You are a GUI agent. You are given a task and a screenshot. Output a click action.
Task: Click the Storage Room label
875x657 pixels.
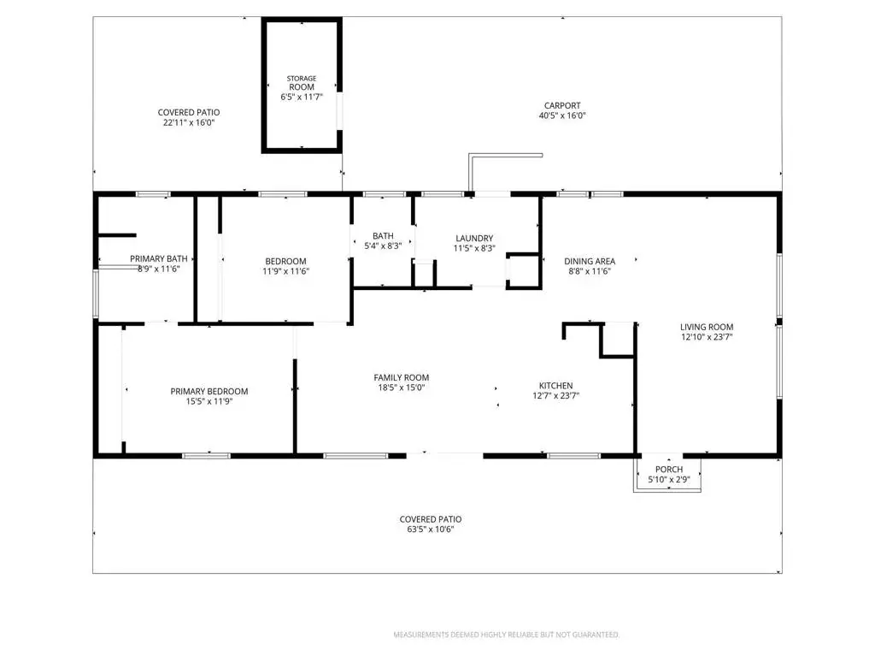[302, 83]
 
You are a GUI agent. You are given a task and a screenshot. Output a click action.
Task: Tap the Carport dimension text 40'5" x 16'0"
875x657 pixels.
[562, 115]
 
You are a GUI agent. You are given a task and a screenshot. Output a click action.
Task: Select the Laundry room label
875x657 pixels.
[474, 238]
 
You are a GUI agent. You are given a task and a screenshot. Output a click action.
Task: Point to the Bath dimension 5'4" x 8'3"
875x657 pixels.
[383, 246]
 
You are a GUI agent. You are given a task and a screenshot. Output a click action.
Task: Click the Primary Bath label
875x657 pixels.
[158, 258]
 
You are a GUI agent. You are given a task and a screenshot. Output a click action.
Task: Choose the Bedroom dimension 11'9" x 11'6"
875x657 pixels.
[285, 271]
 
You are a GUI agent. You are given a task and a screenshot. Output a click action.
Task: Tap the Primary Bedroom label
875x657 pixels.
[209, 391]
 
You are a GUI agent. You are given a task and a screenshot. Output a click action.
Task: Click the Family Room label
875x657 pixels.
[402, 377]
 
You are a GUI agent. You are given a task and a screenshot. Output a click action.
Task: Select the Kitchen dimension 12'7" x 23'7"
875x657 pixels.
[555, 395]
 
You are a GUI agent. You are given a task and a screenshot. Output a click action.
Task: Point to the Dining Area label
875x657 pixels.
[590, 261]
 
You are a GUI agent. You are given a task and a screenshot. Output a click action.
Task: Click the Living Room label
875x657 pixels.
[707, 327]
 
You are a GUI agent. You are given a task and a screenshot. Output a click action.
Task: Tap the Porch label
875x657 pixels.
[669, 470]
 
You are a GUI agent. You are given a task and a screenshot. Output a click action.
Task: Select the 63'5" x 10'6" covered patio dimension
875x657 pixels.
[431, 529]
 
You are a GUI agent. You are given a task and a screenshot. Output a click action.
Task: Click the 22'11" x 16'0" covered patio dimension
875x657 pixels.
[189, 122]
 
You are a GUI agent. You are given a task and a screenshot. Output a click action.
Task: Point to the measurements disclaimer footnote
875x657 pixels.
[506, 635]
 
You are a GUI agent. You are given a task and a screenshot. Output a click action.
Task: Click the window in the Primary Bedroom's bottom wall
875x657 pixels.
[207, 457]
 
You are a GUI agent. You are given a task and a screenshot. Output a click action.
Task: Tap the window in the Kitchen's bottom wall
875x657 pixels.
[573, 457]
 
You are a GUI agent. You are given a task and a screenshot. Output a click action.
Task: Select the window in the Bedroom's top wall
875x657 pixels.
[282, 194]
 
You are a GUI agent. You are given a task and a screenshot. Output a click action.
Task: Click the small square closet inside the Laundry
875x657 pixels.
[524, 271]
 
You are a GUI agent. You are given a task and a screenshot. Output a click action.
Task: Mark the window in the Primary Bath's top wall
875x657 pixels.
[153, 194]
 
